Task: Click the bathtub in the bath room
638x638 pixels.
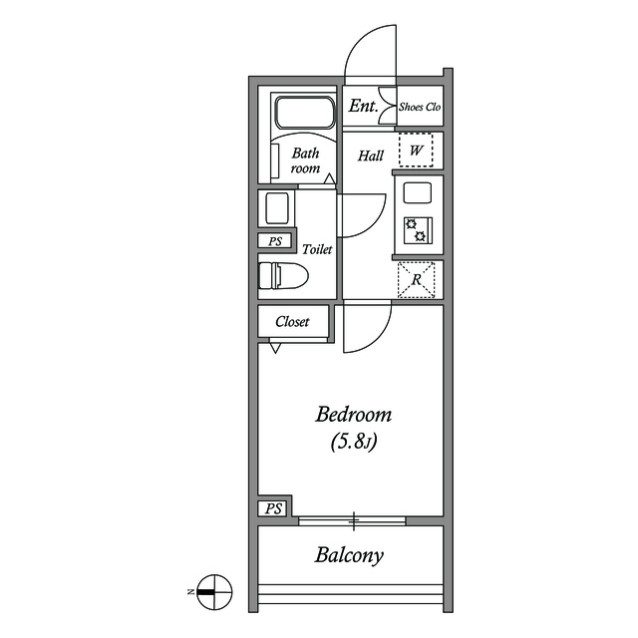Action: (x=305, y=112)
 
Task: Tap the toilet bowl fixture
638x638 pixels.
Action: (x=283, y=275)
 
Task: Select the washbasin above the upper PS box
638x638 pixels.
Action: (x=277, y=208)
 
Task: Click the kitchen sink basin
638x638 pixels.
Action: (x=417, y=192)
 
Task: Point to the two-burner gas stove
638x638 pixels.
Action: (x=418, y=230)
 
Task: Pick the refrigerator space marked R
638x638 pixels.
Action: (x=417, y=280)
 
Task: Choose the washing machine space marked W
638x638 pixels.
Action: (x=416, y=151)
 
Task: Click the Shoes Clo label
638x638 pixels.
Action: (x=420, y=107)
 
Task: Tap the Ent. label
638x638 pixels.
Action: (x=363, y=107)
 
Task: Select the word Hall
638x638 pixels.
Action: (x=371, y=156)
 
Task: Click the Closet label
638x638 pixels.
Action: (x=292, y=322)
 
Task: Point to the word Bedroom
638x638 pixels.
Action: (x=353, y=415)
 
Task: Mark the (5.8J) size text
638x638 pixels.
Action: (x=354, y=442)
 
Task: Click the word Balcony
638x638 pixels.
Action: (x=349, y=556)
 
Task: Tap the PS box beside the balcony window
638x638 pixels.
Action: (x=273, y=508)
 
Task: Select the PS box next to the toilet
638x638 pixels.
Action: (x=275, y=241)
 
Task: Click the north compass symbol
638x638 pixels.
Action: (x=214, y=592)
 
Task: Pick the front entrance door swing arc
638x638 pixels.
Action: (x=370, y=53)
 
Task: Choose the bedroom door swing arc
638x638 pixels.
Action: (x=368, y=327)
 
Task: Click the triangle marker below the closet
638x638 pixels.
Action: (x=275, y=348)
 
